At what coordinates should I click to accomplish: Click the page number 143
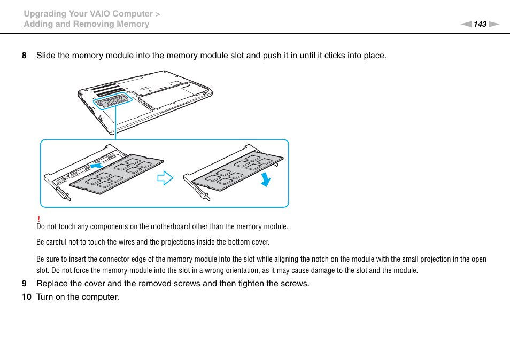(480, 24)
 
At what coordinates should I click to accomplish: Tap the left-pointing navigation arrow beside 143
(466, 24)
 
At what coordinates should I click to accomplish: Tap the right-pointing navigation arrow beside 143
(493, 24)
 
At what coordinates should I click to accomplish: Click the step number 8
(24, 56)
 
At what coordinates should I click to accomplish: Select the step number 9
(24, 284)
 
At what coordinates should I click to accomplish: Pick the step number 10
(26, 296)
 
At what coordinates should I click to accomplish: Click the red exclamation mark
(38, 220)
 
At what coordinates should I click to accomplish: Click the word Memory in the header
(133, 24)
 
